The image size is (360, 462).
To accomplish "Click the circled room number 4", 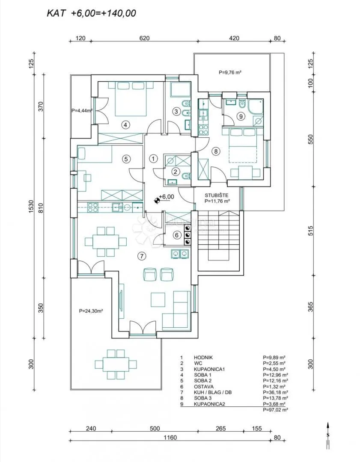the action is point(125,125).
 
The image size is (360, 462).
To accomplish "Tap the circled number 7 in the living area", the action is point(142,256).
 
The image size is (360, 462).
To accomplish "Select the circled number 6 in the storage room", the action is point(177,235).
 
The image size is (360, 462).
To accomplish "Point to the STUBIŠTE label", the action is point(217,195).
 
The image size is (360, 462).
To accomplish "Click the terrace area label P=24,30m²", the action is point(91,311).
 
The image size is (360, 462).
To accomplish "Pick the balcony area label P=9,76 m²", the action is point(230,72).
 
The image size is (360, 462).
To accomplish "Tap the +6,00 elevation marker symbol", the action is point(157,201).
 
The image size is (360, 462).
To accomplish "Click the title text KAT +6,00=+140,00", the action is point(92,13).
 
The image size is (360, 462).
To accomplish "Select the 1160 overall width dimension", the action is point(170,438).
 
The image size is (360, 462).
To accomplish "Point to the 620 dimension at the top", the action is point(144,38).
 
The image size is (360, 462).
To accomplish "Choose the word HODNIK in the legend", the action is point(203,357).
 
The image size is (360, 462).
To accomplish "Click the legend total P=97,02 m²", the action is point(275,409).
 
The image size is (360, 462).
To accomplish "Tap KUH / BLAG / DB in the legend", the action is point(211,392).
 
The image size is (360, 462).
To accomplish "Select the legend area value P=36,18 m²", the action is point(275,392).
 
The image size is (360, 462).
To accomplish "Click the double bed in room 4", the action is point(130,98).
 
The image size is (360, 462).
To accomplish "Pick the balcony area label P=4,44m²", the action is point(82,111).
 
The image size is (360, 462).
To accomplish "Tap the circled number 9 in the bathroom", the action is point(241,116).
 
